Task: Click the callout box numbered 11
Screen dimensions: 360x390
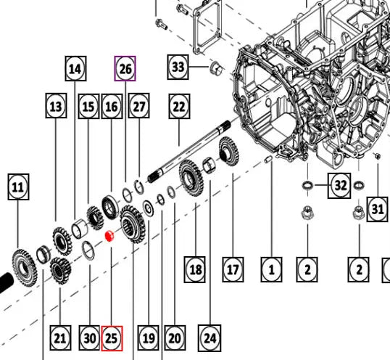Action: pyautogui.click(x=18, y=188)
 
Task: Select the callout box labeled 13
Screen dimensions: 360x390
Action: pyautogui.click(x=56, y=106)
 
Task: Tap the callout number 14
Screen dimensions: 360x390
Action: pyautogui.click(x=75, y=69)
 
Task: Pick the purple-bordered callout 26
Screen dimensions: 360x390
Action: pyautogui.click(x=125, y=69)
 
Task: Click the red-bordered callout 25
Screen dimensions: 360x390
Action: pyautogui.click(x=112, y=337)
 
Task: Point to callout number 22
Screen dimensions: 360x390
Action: pyautogui.click(x=179, y=106)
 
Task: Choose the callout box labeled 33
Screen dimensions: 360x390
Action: pyautogui.click(x=178, y=67)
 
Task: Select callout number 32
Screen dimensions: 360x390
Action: pyautogui.click(x=341, y=186)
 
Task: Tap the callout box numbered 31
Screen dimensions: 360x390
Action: pyautogui.click(x=377, y=209)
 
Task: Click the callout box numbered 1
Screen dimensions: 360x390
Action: pyautogui.click(x=271, y=270)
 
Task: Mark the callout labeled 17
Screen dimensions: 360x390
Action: pyautogui.click(x=232, y=270)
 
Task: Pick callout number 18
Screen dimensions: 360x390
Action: pyautogui.click(x=194, y=270)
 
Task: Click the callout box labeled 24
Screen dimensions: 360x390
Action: pyautogui.click(x=210, y=337)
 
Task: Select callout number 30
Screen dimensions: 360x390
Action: pyautogui.click(x=89, y=337)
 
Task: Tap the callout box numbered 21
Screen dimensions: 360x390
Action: pyautogui.click(x=59, y=337)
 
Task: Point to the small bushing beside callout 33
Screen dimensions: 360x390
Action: pyautogui.click(x=215, y=69)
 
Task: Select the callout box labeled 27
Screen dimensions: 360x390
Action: pyautogui.click(x=138, y=106)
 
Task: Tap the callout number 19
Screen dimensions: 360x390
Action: pyautogui.click(x=148, y=337)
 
